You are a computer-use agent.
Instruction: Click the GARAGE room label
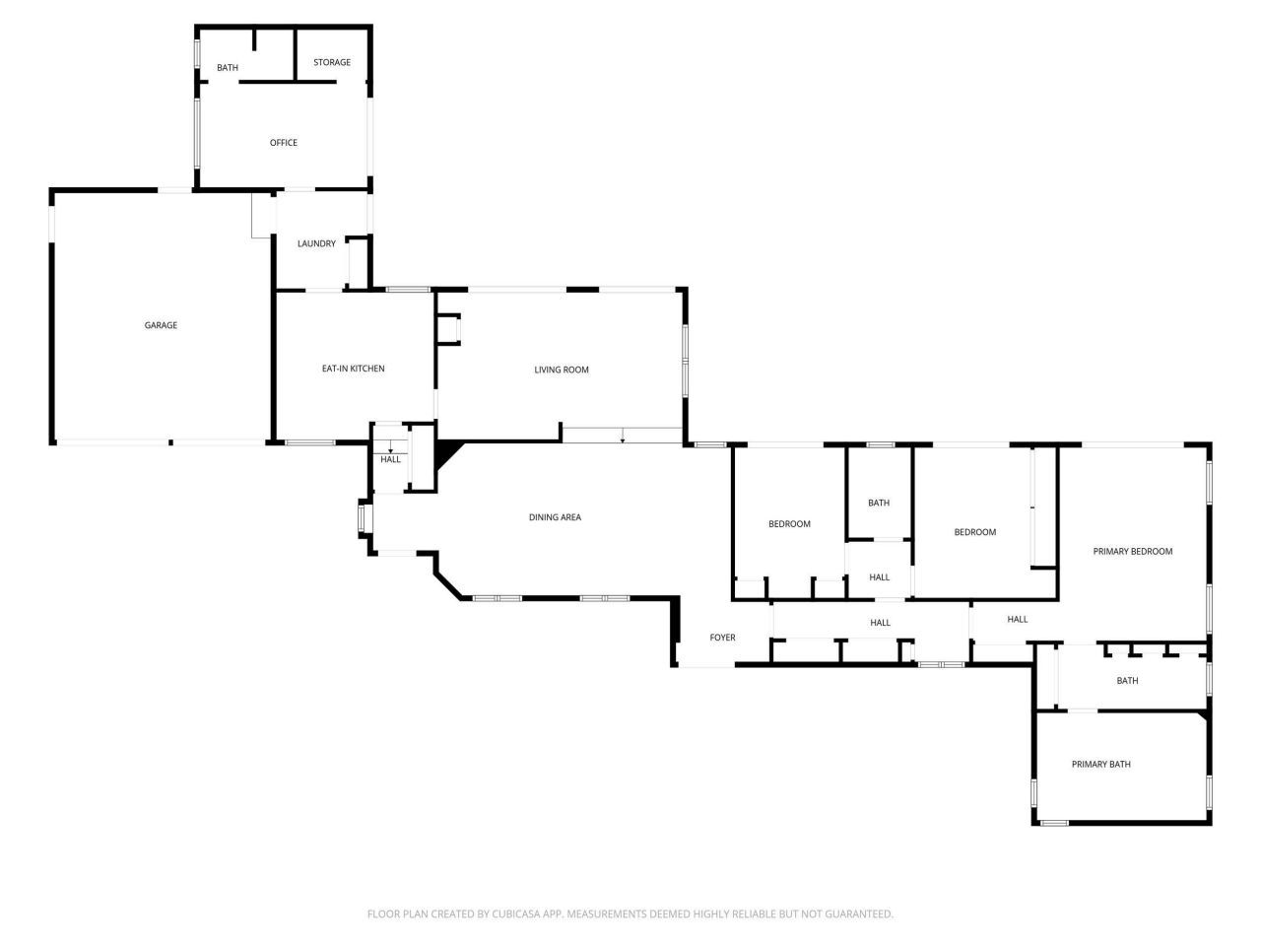point(161,325)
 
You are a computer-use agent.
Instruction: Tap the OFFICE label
point(284,143)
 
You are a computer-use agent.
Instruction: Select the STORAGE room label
point(332,63)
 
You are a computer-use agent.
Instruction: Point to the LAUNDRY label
point(316,244)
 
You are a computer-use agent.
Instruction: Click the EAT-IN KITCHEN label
point(353,369)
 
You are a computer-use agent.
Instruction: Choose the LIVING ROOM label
point(562,371)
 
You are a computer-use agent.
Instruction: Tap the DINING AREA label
point(555,517)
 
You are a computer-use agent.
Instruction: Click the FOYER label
point(722,639)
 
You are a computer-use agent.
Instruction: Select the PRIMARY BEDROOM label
point(1133,552)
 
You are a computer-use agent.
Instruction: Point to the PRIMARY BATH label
point(1101,765)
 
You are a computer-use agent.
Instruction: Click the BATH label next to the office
point(228,68)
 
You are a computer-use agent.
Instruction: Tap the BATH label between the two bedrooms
point(879,504)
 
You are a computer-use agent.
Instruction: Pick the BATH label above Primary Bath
point(1127,681)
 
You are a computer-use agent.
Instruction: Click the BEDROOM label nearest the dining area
point(789,524)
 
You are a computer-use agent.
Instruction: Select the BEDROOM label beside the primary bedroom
point(974,532)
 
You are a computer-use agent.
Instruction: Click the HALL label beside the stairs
point(391,459)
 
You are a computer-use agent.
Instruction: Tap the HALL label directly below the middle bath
point(880,577)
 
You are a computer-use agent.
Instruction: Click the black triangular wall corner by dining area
point(447,452)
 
